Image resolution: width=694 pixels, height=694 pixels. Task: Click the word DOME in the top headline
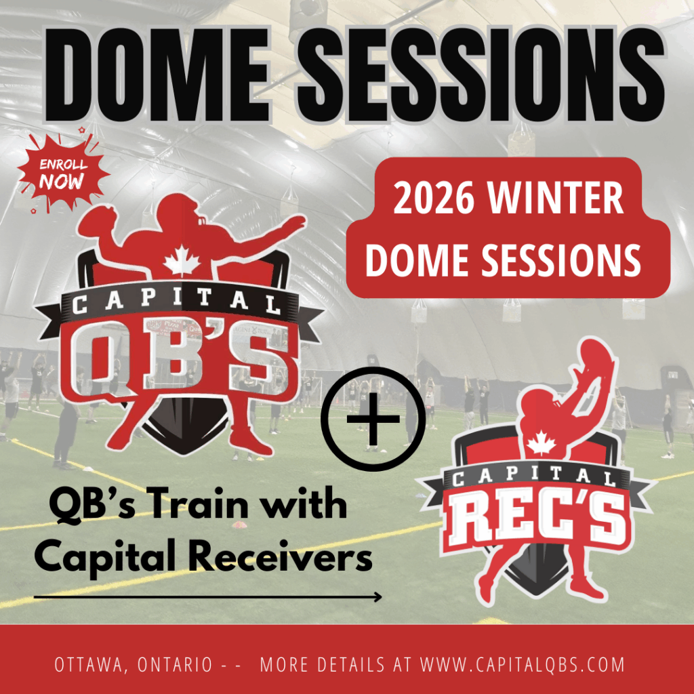pyautogui.click(x=158, y=75)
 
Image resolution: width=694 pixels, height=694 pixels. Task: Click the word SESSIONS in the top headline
pyautogui.click(x=481, y=75)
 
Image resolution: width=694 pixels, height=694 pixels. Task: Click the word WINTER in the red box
pyautogui.click(x=556, y=199)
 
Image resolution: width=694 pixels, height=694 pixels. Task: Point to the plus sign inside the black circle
pyautogui.click(x=373, y=419)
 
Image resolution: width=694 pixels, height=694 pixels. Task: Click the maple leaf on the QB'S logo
pyautogui.click(x=182, y=261)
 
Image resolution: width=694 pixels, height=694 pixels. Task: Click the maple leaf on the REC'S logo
pyautogui.click(x=541, y=443)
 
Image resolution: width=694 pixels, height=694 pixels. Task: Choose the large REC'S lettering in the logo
pyautogui.click(x=538, y=520)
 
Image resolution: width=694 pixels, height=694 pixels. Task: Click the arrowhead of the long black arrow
pyautogui.click(x=377, y=597)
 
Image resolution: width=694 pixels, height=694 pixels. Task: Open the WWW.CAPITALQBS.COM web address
pyautogui.click(x=523, y=665)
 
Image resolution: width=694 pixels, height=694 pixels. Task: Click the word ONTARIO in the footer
pyautogui.click(x=175, y=665)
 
